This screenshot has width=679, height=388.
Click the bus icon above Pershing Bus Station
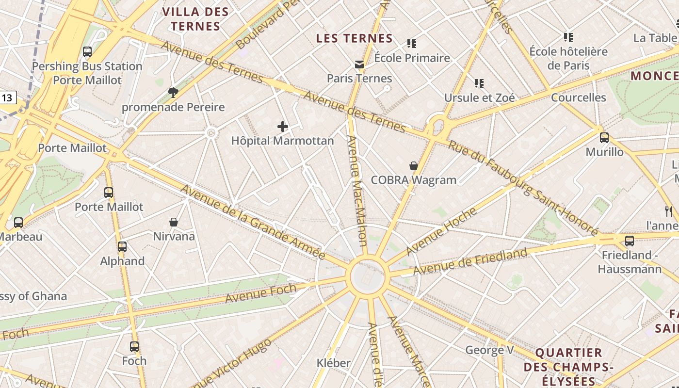[87, 51]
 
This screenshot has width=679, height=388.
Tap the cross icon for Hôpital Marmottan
[283, 127]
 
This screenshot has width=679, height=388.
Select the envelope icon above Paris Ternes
[359, 64]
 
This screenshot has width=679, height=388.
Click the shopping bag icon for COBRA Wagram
[414, 166]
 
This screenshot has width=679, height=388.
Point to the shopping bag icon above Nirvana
[174, 222]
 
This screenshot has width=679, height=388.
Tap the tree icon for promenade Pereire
[173, 92]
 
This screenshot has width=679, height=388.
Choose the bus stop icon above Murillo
[604, 138]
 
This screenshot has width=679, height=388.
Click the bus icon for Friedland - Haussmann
[630, 241]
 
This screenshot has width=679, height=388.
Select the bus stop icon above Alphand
[122, 246]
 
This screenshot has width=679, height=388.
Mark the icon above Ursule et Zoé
[479, 83]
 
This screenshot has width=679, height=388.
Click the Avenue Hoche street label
[441, 231]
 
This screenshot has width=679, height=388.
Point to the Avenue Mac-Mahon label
[357, 190]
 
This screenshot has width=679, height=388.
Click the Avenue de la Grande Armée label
[253, 222]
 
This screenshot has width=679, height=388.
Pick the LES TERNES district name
[354, 38]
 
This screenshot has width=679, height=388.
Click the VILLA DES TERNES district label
[195, 19]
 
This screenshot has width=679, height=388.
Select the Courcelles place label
[578, 97]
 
